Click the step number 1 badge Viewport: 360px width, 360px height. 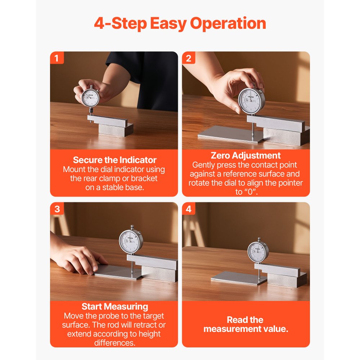[57, 58]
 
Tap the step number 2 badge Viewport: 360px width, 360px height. [189, 58]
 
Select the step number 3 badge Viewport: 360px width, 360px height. [57, 209]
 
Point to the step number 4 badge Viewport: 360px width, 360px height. [189, 209]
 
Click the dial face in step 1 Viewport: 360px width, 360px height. [90, 98]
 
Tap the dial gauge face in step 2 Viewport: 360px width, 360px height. [251, 101]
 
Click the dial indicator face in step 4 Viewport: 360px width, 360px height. [257, 251]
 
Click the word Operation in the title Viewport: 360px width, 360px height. [228, 24]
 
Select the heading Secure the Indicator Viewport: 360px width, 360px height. [114, 160]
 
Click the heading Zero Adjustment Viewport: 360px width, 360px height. [246, 156]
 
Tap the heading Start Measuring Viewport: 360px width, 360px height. [115, 306]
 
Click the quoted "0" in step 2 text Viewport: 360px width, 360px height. [250, 192]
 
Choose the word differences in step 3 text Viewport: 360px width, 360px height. [114, 343]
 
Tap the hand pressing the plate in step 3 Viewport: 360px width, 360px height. [78, 257]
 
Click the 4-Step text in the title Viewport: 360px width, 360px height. [121, 24]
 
